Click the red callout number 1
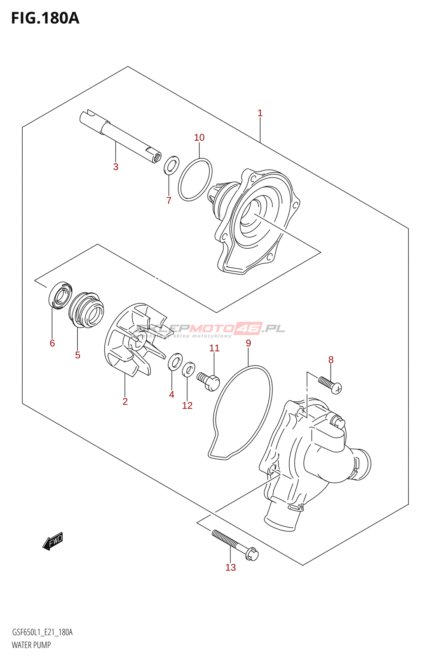click(260, 113)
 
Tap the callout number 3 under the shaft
click(116, 167)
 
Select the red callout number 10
click(199, 137)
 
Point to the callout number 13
click(230, 567)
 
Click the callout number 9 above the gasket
click(248, 343)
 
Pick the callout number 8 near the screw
click(331, 360)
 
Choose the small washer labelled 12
click(188, 369)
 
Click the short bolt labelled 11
click(209, 381)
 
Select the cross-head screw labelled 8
click(331, 384)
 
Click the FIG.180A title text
click(45, 18)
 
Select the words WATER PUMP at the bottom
click(31, 645)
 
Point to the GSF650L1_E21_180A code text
click(42, 633)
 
